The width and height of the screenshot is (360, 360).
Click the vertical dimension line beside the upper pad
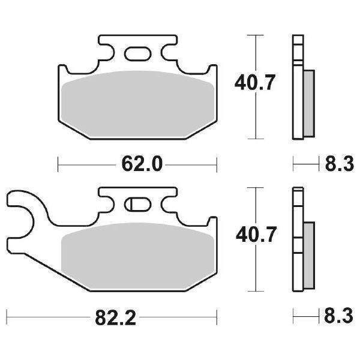tap(256, 120)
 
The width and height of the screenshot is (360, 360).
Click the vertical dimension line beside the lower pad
tap(256, 270)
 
